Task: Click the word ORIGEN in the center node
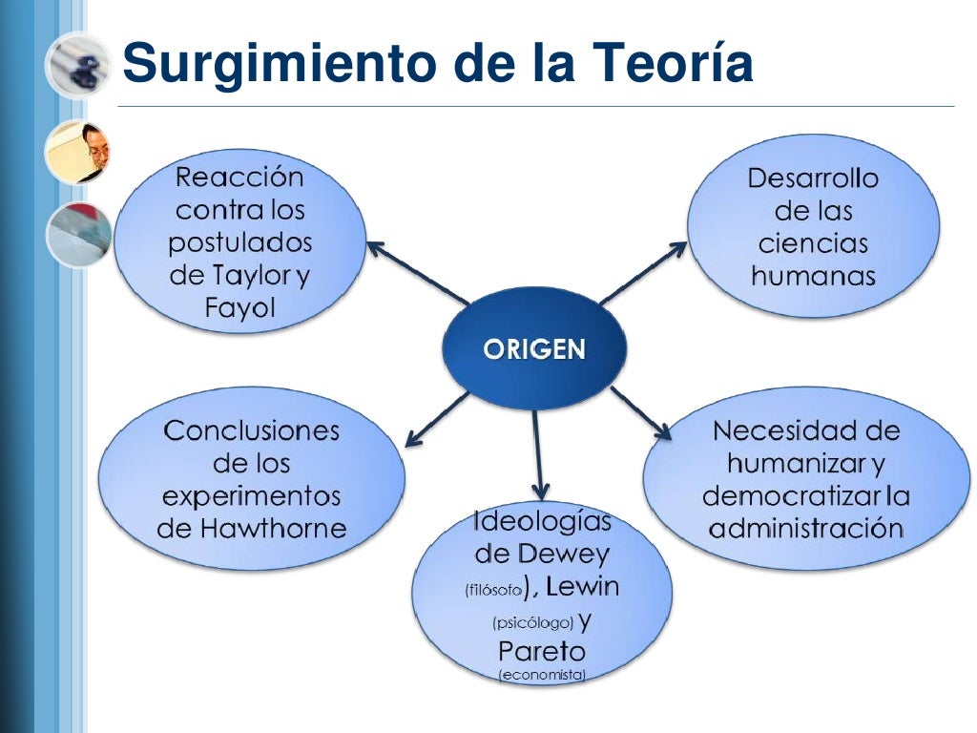[x=534, y=349]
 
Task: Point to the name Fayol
[x=239, y=308]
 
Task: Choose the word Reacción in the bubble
[x=239, y=178]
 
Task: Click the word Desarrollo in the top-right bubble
[x=813, y=178]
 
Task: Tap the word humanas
[x=813, y=277]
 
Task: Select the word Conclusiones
[x=252, y=430]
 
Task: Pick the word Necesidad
[x=806, y=430]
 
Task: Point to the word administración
[x=806, y=529]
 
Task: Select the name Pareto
[x=541, y=653]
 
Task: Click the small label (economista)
[x=541, y=676]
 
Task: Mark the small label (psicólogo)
[x=532, y=623]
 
